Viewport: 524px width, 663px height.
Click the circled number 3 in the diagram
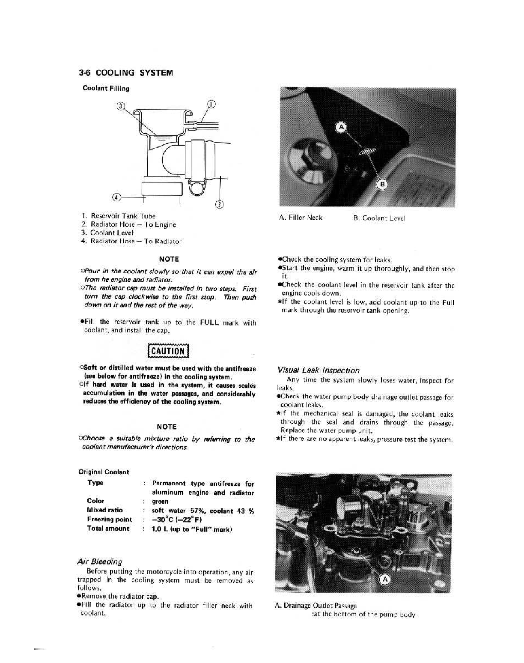pos(121,106)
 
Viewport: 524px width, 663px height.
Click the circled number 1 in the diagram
pos(212,104)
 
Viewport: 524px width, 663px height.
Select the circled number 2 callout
pos(220,204)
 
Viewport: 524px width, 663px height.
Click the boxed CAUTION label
pos(167,351)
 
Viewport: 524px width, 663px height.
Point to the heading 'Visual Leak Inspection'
pos(318,370)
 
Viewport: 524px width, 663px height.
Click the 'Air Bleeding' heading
pos(99,561)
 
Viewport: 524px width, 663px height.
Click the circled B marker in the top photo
pos(382,185)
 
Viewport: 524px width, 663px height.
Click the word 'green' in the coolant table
pos(160,501)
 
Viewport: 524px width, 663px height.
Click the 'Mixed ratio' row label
pos(104,510)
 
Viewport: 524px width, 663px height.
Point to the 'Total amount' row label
pos(108,529)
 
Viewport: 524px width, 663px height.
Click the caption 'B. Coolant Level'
pos(379,218)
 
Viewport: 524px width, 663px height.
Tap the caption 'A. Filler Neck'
pos(301,218)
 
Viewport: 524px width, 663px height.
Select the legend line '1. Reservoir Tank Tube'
pos(118,216)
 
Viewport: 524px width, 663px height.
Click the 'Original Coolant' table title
pos(104,472)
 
